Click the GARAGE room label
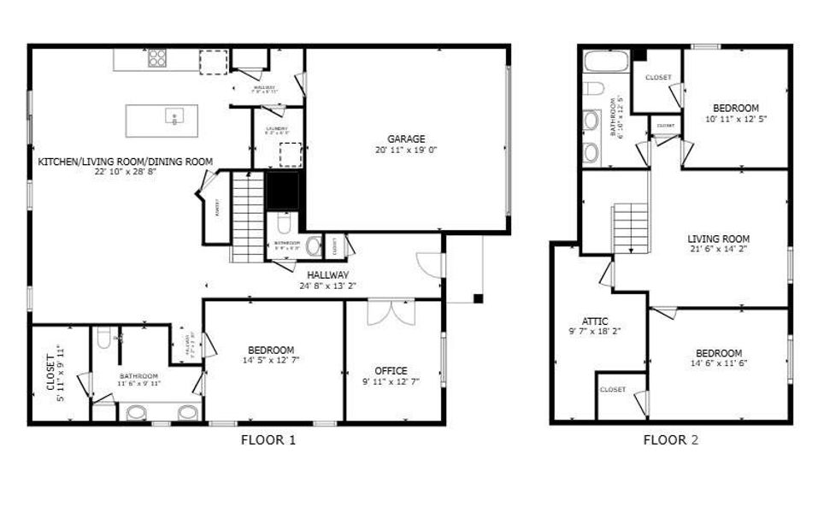[x=406, y=139]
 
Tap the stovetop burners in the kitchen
[x=157, y=58]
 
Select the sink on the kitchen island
[x=174, y=117]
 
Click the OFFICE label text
[x=391, y=370]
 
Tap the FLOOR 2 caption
[x=671, y=440]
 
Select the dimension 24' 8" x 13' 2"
[x=328, y=286]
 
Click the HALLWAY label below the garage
[x=328, y=275]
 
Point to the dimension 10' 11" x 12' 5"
[x=735, y=119]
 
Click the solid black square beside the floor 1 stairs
[x=282, y=190]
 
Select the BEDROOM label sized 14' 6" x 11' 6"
[x=717, y=353]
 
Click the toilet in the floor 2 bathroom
[x=594, y=87]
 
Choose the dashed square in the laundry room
[x=291, y=155]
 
